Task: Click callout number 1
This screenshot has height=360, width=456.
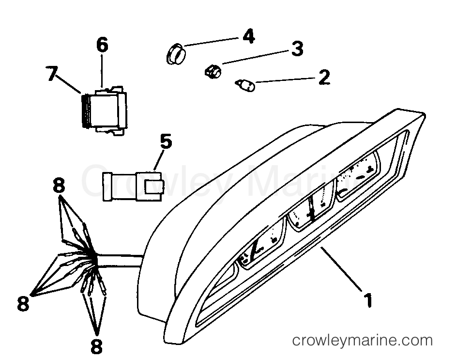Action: [368, 300]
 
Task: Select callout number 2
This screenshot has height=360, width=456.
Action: [324, 77]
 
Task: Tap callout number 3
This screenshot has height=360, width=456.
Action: [297, 48]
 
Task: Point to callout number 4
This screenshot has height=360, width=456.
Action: [248, 36]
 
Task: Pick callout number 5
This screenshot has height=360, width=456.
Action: [166, 142]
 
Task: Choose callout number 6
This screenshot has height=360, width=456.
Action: [102, 46]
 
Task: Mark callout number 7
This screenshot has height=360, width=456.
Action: [52, 73]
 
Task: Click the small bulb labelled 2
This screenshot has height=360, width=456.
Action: [245, 85]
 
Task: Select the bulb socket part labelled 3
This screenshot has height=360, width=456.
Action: [213, 71]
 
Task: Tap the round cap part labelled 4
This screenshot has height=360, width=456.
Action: [176, 53]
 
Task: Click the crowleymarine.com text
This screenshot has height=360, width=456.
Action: [363, 341]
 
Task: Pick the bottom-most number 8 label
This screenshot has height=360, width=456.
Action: [96, 346]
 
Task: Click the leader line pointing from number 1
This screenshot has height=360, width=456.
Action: [341, 268]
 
